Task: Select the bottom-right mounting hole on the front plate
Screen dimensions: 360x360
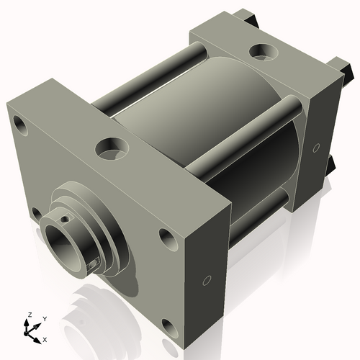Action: (170, 328)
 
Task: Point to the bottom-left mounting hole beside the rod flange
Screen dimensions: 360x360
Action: (35, 212)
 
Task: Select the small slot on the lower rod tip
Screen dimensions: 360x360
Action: (91, 266)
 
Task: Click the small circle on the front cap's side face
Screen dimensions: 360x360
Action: (207, 279)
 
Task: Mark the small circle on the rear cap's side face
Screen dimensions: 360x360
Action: (315, 148)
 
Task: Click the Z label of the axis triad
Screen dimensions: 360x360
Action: (29, 315)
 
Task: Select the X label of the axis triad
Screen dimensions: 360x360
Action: (45, 338)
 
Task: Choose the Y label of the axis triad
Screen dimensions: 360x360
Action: (45, 318)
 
